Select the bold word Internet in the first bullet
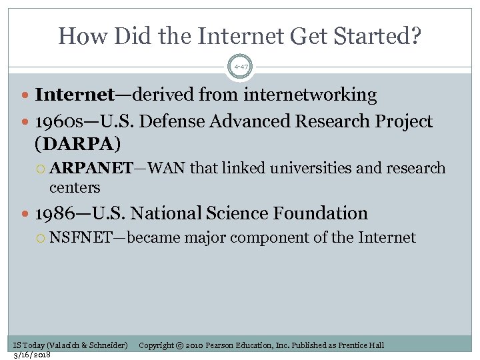tap(74, 95)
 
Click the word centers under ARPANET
tap(75, 187)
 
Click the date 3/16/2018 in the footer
tap(32, 354)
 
